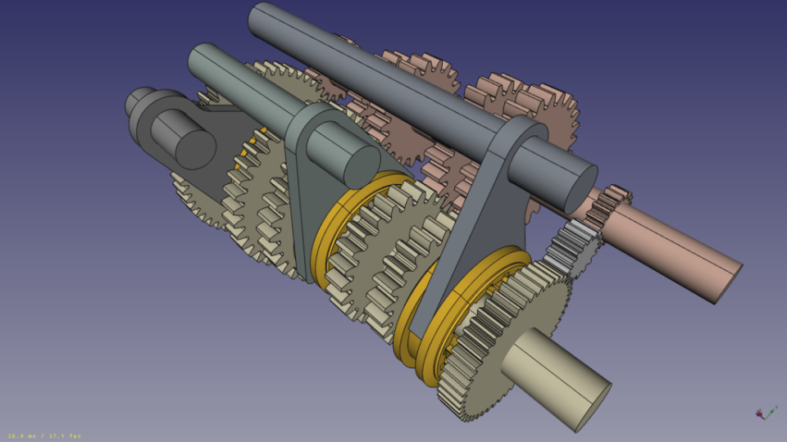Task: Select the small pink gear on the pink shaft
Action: pyautogui.click(x=612, y=205)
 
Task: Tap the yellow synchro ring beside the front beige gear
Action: pyautogui.click(x=459, y=311)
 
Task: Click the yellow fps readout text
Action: pyautogui.click(x=45, y=435)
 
